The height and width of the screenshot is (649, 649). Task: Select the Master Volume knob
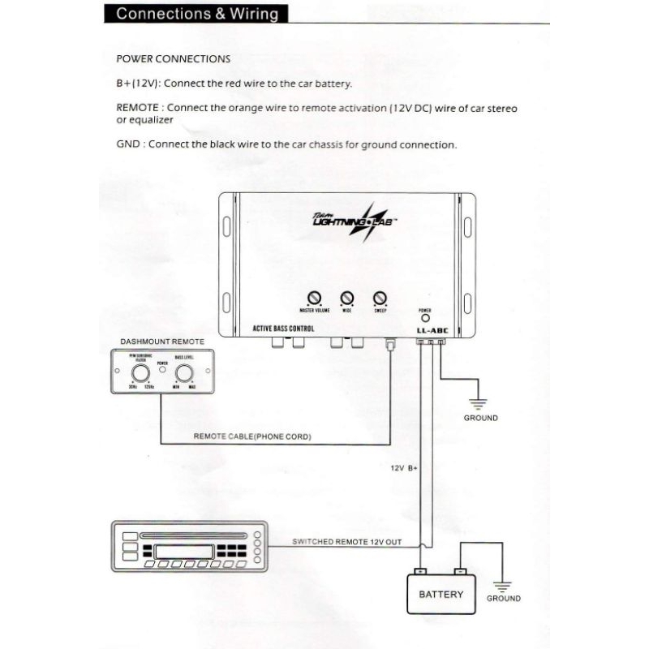314,298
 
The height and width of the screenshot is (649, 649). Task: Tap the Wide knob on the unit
347,298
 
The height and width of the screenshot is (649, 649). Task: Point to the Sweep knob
380,298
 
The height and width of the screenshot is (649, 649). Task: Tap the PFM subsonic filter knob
140,373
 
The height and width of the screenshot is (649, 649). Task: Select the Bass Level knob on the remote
184,373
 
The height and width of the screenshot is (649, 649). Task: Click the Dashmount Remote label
162,342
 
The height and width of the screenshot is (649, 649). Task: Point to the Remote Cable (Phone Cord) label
252,436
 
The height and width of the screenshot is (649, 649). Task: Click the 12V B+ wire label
403,468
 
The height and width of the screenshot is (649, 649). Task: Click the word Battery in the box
441,594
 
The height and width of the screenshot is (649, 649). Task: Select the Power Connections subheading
174,59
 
